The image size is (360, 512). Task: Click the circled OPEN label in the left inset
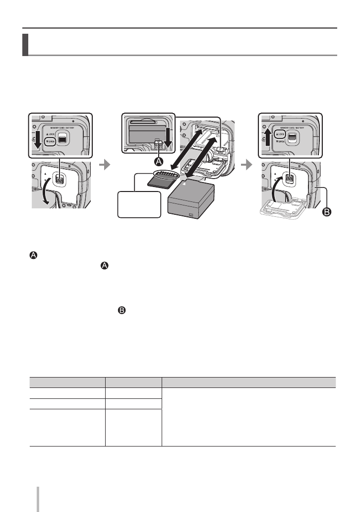(50, 142)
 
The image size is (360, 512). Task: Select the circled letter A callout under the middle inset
(158, 162)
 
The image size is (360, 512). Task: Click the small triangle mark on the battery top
(184, 184)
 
